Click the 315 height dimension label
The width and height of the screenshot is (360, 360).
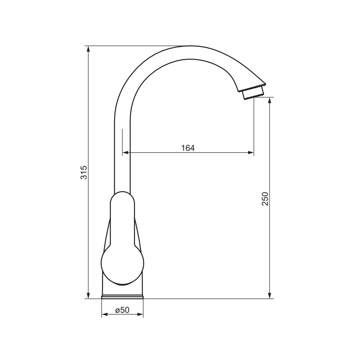[x=84, y=172]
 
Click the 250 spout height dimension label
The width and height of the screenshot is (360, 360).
[x=265, y=199]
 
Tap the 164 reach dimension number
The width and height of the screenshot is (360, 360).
[x=188, y=148]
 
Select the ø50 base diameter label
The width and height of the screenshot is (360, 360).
[x=122, y=310]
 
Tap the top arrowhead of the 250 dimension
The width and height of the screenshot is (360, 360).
[x=270, y=100]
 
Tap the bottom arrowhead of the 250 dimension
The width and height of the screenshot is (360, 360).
[x=270, y=296]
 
